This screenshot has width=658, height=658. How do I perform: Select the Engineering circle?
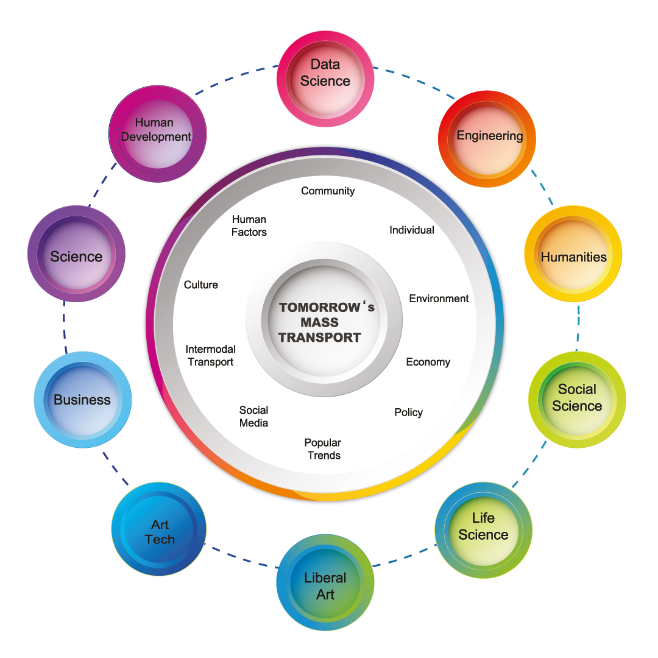487,138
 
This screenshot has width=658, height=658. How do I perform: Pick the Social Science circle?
576,399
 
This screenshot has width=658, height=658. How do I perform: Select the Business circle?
82,400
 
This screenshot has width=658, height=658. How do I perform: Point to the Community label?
328,191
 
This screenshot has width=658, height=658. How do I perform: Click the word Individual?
412,230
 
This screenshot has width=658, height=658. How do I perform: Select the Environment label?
439,299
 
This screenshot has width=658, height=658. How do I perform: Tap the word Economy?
428,362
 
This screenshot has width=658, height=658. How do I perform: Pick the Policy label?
408,412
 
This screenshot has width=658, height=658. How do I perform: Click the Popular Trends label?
323,449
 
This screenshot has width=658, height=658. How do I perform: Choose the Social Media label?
253,417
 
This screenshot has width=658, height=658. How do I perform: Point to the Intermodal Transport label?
210,356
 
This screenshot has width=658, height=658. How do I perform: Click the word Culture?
201,285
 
